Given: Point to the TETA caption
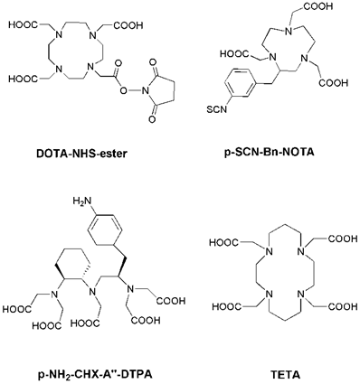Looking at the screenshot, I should click(x=279, y=370).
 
